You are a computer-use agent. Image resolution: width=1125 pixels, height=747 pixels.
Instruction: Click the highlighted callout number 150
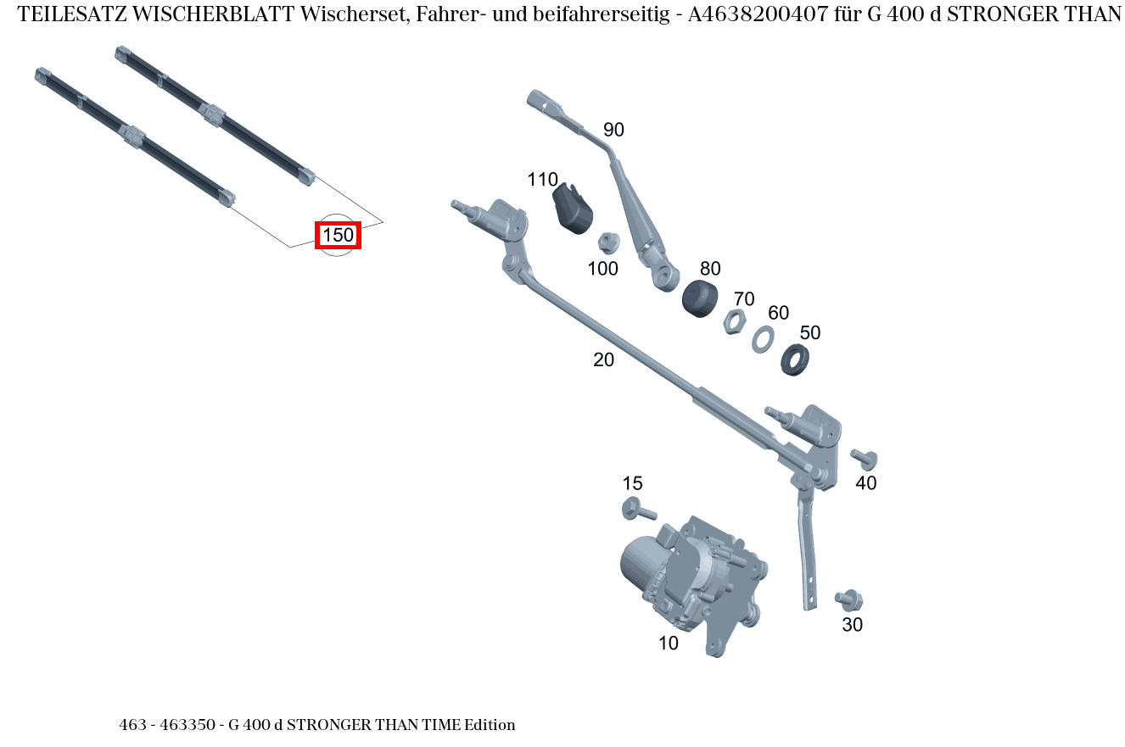tap(338, 235)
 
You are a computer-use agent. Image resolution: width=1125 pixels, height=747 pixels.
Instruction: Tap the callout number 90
tap(613, 130)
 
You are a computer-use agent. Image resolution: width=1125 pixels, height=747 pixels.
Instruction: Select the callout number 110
tap(542, 180)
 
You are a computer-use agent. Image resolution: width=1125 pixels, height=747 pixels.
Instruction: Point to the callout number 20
tap(603, 360)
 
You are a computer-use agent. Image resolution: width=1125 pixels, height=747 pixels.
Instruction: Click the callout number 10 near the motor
tap(669, 644)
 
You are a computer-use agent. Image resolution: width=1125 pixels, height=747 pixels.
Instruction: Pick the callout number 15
tap(632, 483)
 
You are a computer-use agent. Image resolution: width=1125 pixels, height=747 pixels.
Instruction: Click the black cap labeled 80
tap(700, 298)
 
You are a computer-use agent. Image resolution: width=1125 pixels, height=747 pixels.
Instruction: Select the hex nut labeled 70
tap(735, 322)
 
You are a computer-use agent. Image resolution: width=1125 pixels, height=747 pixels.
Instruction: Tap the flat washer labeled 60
tap(762, 339)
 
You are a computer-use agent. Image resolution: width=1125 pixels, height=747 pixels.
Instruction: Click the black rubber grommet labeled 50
tap(795, 359)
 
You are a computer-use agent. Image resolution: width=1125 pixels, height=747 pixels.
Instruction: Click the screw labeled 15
tap(639, 510)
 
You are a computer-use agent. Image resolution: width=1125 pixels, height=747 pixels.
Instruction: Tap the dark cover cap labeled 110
tap(572, 209)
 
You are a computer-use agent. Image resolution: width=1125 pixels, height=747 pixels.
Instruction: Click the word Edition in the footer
tap(490, 725)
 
